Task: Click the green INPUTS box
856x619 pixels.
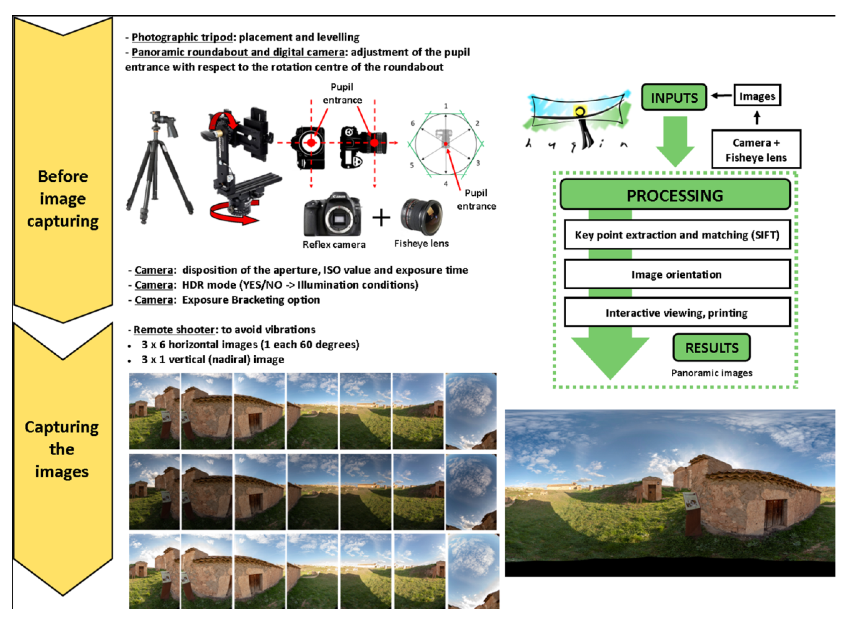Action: click(x=674, y=97)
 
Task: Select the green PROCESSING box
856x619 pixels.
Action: click(x=675, y=195)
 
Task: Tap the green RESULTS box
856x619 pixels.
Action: click(x=712, y=348)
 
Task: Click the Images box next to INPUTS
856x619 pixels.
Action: click(x=757, y=96)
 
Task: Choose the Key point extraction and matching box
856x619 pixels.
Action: click(x=677, y=235)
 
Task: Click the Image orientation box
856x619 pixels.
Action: click(x=677, y=274)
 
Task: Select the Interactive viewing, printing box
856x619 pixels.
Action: click(x=677, y=313)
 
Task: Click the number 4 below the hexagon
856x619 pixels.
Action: click(x=446, y=184)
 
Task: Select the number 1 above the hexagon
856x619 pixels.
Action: click(x=446, y=106)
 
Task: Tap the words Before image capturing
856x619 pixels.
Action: click(x=63, y=199)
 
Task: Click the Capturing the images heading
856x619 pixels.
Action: click(x=62, y=449)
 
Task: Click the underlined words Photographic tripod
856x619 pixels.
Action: click(x=182, y=37)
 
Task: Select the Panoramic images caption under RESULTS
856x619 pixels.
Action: click(x=712, y=373)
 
